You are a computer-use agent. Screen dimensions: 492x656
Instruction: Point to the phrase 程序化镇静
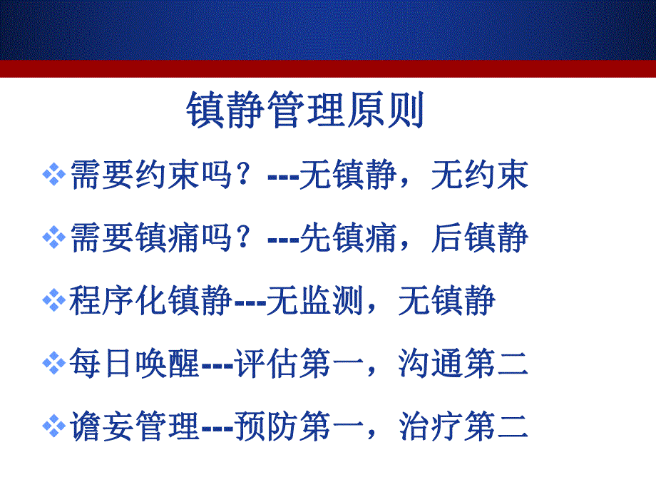150,300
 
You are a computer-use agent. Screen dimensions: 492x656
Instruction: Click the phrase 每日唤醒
134,364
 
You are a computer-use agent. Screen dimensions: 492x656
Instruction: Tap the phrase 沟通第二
463,364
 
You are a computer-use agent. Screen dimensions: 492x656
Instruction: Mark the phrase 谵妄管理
134,426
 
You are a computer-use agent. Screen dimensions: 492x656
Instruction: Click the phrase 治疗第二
463,426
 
